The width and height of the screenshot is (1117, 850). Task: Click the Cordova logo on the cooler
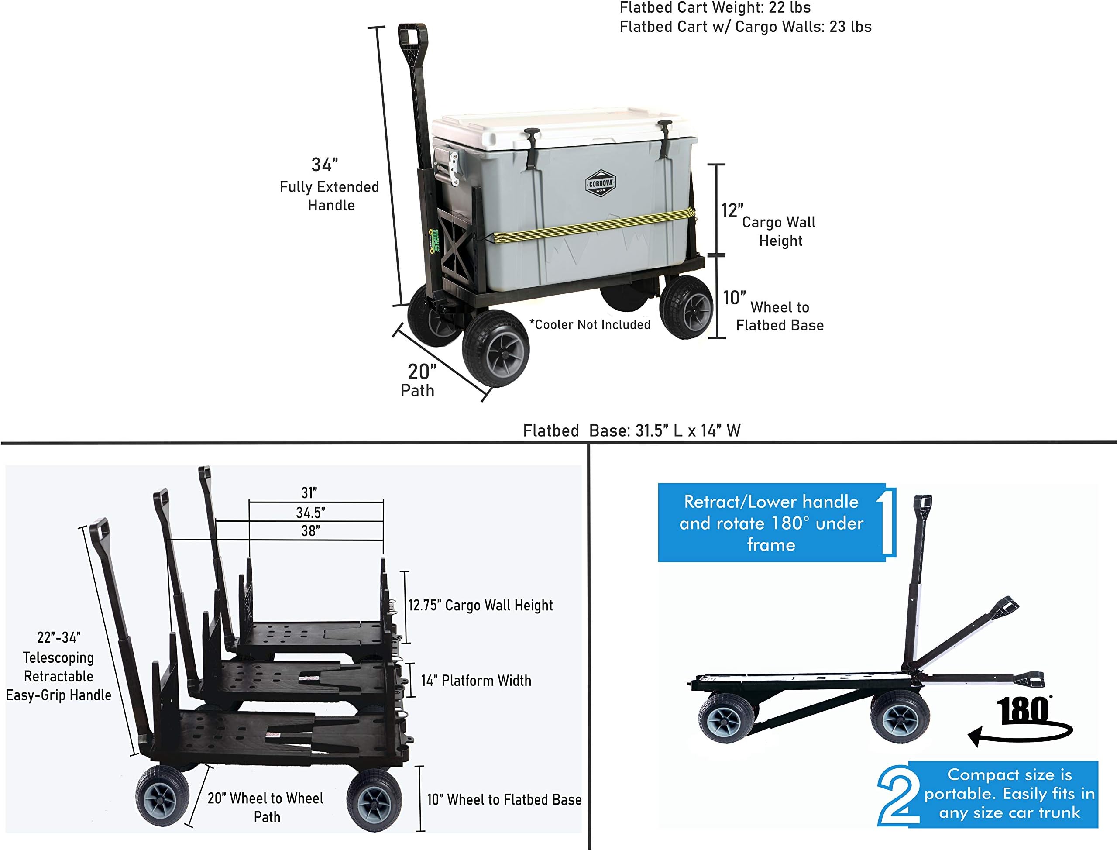click(x=601, y=183)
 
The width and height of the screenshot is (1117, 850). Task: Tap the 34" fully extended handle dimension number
click(x=324, y=165)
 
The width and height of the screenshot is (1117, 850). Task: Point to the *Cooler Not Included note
click(x=590, y=324)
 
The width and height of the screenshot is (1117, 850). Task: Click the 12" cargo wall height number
click(x=732, y=210)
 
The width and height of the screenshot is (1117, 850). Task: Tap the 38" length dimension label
click(x=311, y=531)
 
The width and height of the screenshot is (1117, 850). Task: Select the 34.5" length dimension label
click(x=311, y=513)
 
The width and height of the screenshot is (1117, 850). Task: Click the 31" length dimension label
click(x=309, y=492)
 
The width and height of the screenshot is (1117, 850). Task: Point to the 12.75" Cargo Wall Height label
click(x=481, y=605)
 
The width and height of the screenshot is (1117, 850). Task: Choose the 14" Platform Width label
click(x=476, y=681)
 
